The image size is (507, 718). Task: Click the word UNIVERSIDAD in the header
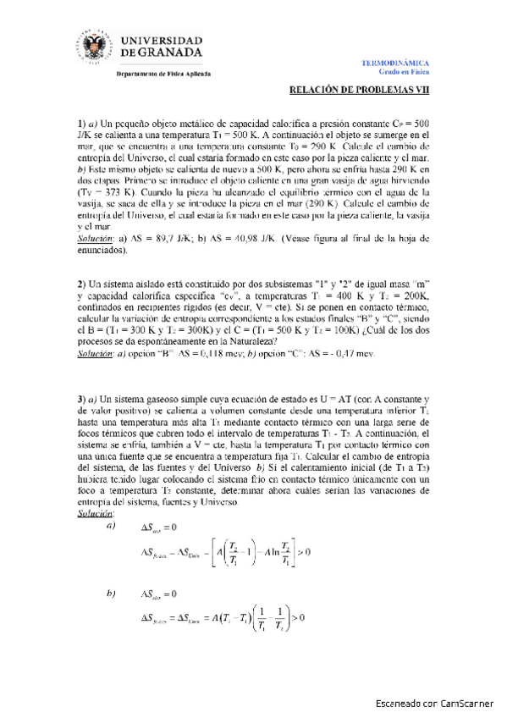pyautogui.click(x=163, y=40)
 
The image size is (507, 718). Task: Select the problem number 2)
pyautogui.click(x=82, y=281)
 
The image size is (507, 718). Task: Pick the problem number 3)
pyautogui.click(x=82, y=399)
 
